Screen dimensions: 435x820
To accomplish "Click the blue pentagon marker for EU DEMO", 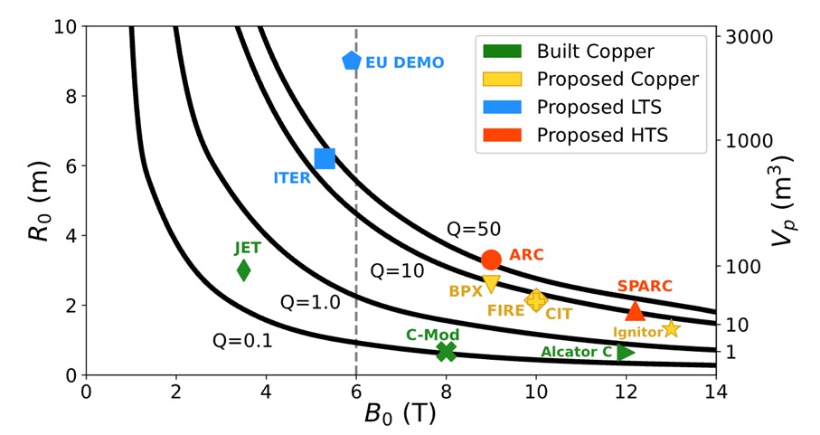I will point(352,61).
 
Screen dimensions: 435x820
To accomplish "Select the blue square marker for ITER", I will point(325,158).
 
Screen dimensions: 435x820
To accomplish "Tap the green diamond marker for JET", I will point(243,270).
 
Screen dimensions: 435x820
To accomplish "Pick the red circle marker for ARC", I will point(491,260).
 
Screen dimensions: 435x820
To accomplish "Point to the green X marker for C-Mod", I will point(446,351).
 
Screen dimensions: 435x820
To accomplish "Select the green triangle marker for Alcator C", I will point(626,351).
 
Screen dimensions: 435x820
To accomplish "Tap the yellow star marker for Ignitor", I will point(671,329).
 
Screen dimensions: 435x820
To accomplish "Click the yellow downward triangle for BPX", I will point(491,284).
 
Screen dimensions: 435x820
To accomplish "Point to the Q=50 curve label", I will point(474,230).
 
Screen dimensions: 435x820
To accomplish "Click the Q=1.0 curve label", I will point(308,302).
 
